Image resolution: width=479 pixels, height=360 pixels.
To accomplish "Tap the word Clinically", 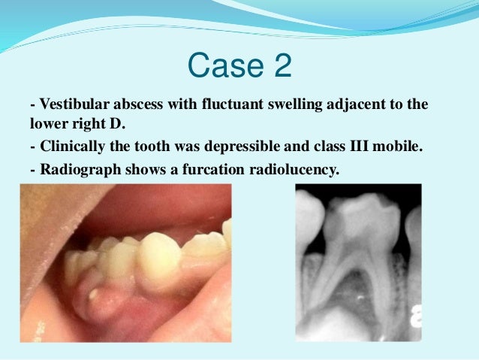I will (71, 147).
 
